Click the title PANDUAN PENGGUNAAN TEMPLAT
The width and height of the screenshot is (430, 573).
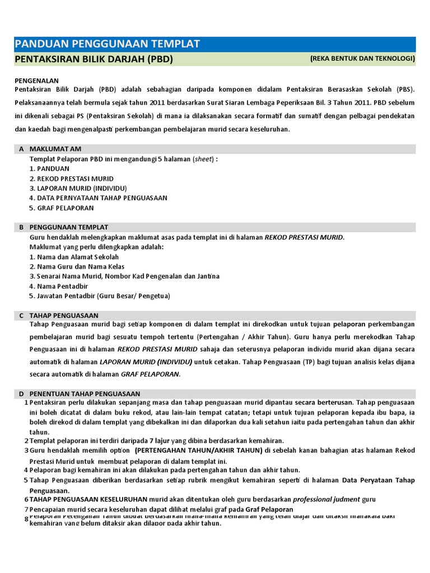point(107,44)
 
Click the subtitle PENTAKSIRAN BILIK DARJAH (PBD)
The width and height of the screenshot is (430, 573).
point(94,59)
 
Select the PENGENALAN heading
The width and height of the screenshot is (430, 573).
point(36,81)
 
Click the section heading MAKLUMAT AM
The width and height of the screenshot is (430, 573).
point(55,149)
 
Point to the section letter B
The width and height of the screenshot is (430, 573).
point(21,227)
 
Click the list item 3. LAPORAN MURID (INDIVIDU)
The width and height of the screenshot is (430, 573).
point(78,188)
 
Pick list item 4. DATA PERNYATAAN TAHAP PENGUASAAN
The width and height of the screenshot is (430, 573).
point(98,198)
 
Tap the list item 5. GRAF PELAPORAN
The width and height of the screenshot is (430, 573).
point(62,208)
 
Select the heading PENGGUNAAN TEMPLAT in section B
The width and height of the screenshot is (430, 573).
point(69,227)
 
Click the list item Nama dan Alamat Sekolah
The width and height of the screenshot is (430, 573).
point(74,257)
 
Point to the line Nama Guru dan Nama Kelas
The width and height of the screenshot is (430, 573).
point(77,266)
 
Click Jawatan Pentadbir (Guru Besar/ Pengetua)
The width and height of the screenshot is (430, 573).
point(100,295)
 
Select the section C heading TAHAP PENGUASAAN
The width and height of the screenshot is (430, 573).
point(64,316)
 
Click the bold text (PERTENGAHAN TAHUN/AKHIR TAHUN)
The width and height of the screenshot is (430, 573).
point(198,450)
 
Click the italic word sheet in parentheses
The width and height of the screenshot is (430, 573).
point(204,159)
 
